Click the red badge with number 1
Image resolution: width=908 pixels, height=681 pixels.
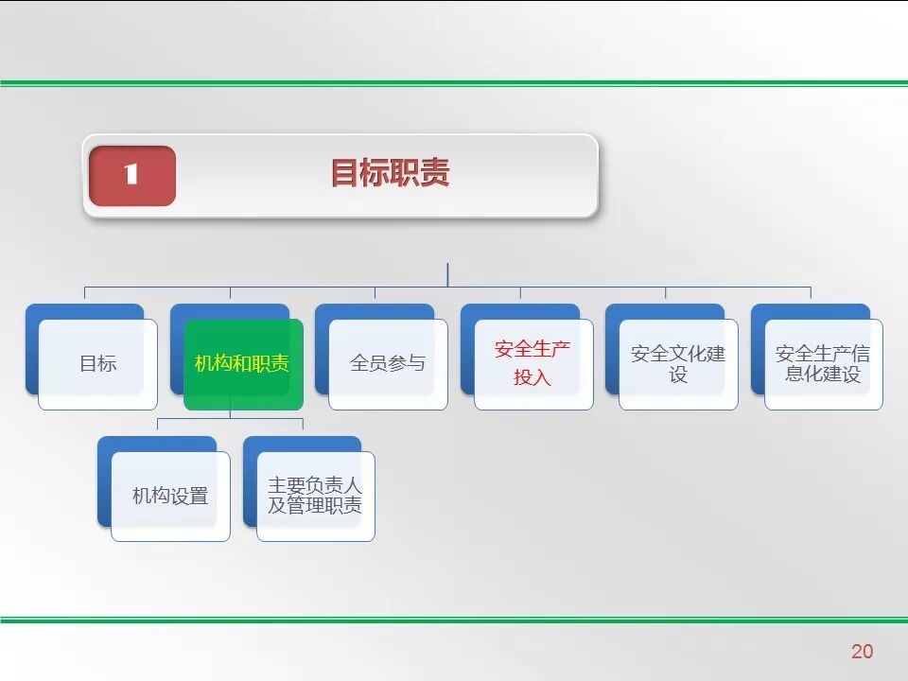(132, 175)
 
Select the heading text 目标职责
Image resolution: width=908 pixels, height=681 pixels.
(389, 174)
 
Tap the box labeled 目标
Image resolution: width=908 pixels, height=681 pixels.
(97, 364)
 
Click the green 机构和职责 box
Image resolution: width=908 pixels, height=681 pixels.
(243, 364)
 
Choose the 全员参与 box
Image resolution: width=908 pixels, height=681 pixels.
(388, 364)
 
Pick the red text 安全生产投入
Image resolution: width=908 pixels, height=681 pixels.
(533, 364)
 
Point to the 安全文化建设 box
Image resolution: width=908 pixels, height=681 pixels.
(678, 364)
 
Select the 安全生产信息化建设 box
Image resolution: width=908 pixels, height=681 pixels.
(823, 364)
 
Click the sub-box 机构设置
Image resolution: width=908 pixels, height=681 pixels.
(170, 496)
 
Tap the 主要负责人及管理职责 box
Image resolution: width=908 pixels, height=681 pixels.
(315, 496)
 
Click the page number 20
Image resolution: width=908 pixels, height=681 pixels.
(862, 651)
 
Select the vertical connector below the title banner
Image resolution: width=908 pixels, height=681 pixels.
(447, 274)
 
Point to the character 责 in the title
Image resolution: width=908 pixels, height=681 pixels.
(434, 174)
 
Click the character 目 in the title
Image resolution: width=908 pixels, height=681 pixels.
(344, 174)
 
